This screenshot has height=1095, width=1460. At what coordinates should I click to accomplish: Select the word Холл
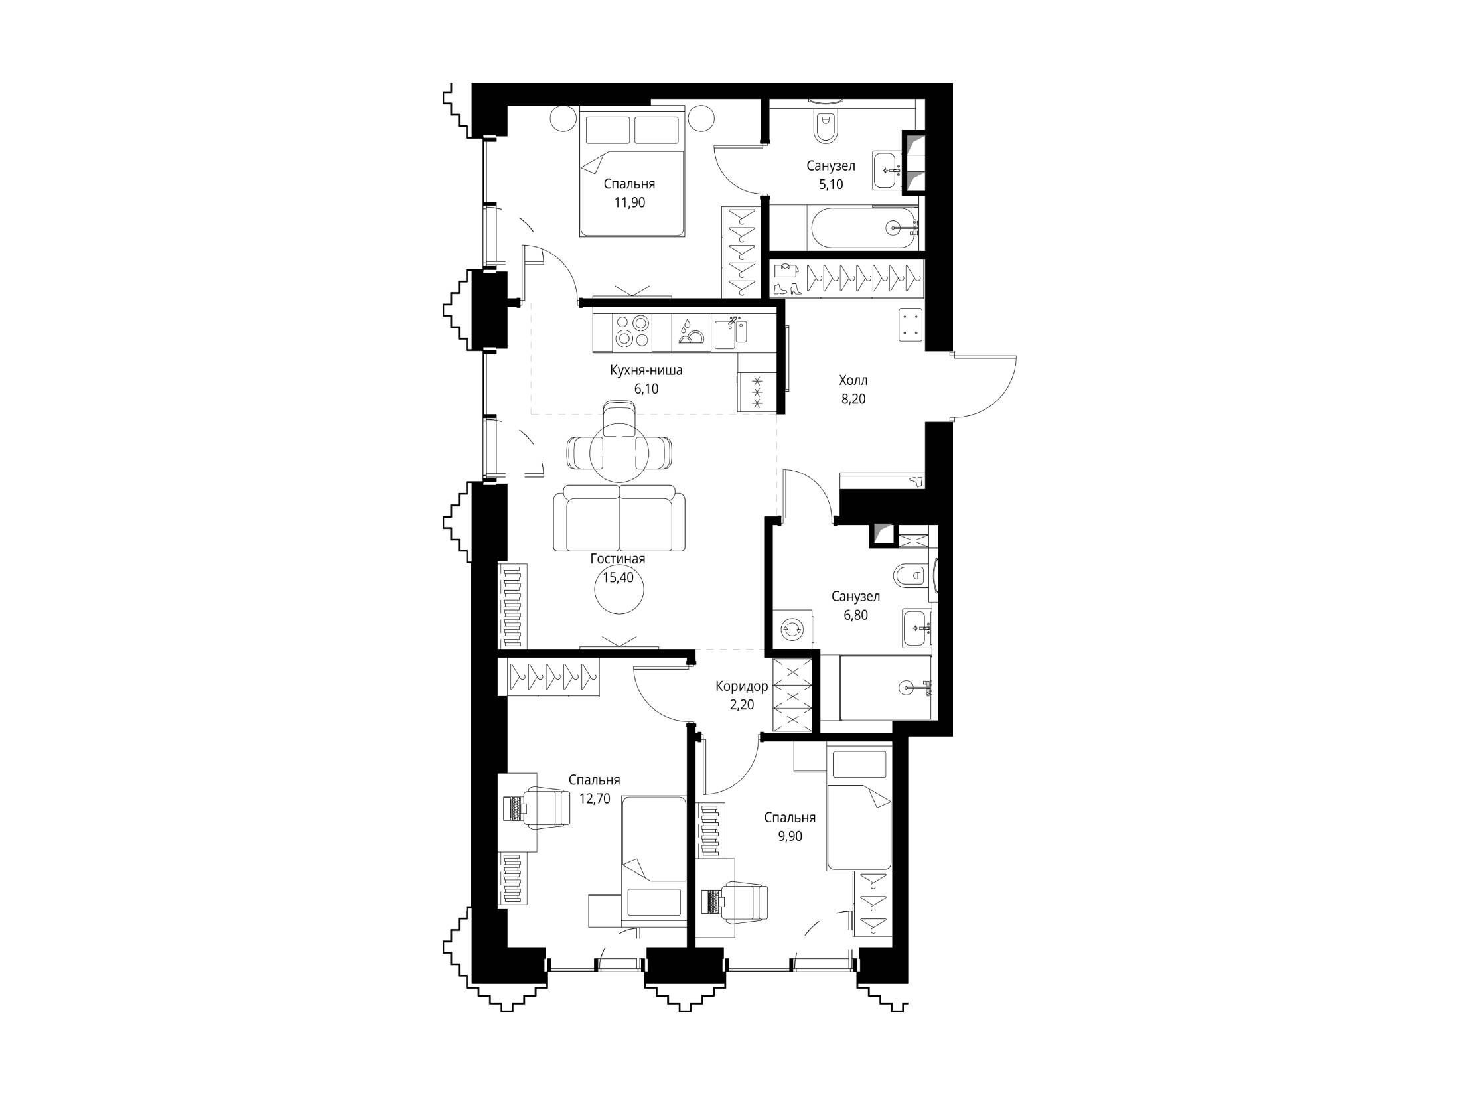pyautogui.click(x=853, y=380)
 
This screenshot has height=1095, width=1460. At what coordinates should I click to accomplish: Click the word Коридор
pyautogui.click(x=742, y=686)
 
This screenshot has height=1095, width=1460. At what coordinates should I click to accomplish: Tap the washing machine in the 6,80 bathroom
pyautogui.click(x=793, y=627)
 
